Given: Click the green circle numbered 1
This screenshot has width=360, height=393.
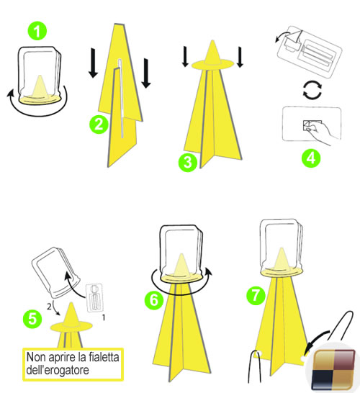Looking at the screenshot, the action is [37, 31].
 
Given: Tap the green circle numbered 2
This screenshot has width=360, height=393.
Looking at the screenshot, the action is [99, 124].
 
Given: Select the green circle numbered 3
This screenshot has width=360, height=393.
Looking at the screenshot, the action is [187, 163].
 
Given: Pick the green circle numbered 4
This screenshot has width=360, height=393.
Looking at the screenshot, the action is [311, 158].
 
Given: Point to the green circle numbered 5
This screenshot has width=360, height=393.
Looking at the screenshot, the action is [32, 319].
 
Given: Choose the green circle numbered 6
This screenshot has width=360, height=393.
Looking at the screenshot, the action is [154, 299].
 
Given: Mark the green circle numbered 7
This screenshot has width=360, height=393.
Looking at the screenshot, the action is [256, 296].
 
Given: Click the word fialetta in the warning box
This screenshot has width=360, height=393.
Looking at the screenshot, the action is [104, 357].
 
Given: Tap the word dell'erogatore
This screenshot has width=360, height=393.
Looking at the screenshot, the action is [58, 370].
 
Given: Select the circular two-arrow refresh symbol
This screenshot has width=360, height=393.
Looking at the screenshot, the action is [312, 90].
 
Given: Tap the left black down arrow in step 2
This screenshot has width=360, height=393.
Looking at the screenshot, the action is [94, 63].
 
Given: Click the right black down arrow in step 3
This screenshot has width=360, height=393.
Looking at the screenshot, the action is [240, 57].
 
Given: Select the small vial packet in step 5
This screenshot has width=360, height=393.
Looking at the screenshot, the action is [94, 297].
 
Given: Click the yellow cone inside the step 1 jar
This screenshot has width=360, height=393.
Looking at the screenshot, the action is [40, 86].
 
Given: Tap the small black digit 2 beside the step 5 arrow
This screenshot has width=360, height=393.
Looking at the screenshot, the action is [50, 307].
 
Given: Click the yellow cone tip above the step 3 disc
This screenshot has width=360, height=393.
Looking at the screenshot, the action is [212, 53].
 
